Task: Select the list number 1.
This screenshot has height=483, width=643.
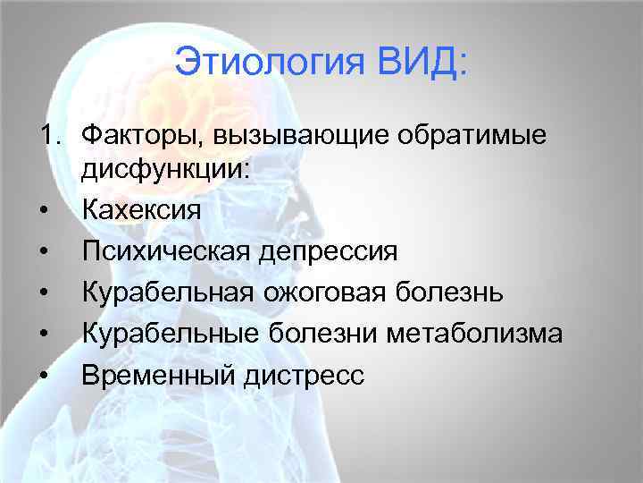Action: (x=46, y=135)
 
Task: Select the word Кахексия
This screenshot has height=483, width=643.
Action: (x=141, y=210)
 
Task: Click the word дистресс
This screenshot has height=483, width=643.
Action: (x=303, y=375)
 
